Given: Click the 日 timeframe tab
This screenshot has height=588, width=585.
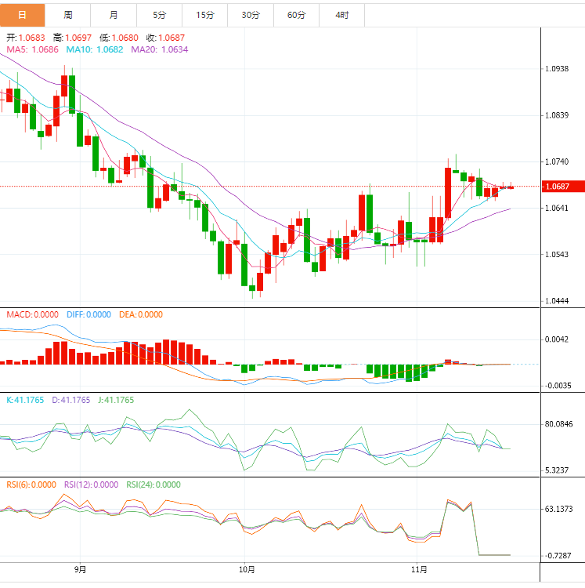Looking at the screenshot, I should (x=22, y=15).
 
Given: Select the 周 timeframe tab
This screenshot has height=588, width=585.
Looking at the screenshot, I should (x=68, y=15).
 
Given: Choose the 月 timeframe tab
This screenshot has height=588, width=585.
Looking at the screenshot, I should (x=114, y=15).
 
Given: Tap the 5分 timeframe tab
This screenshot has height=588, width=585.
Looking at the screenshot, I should (x=160, y=15).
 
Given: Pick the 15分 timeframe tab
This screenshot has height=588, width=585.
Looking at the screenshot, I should (x=205, y=15).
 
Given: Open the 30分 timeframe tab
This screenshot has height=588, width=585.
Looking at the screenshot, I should (x=251, y=15).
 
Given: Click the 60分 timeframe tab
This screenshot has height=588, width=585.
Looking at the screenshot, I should (x=297, y=15).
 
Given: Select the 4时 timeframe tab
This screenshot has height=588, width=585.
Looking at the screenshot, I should (x=342, y=15).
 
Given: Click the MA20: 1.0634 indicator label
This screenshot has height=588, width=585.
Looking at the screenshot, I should (x=160, y=49).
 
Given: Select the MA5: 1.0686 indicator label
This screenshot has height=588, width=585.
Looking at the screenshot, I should (x=32, y=49).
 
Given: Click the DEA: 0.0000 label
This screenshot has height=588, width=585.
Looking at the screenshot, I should (x=141, y=314).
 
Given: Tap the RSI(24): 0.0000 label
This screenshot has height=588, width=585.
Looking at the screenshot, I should (x=153, y=485).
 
